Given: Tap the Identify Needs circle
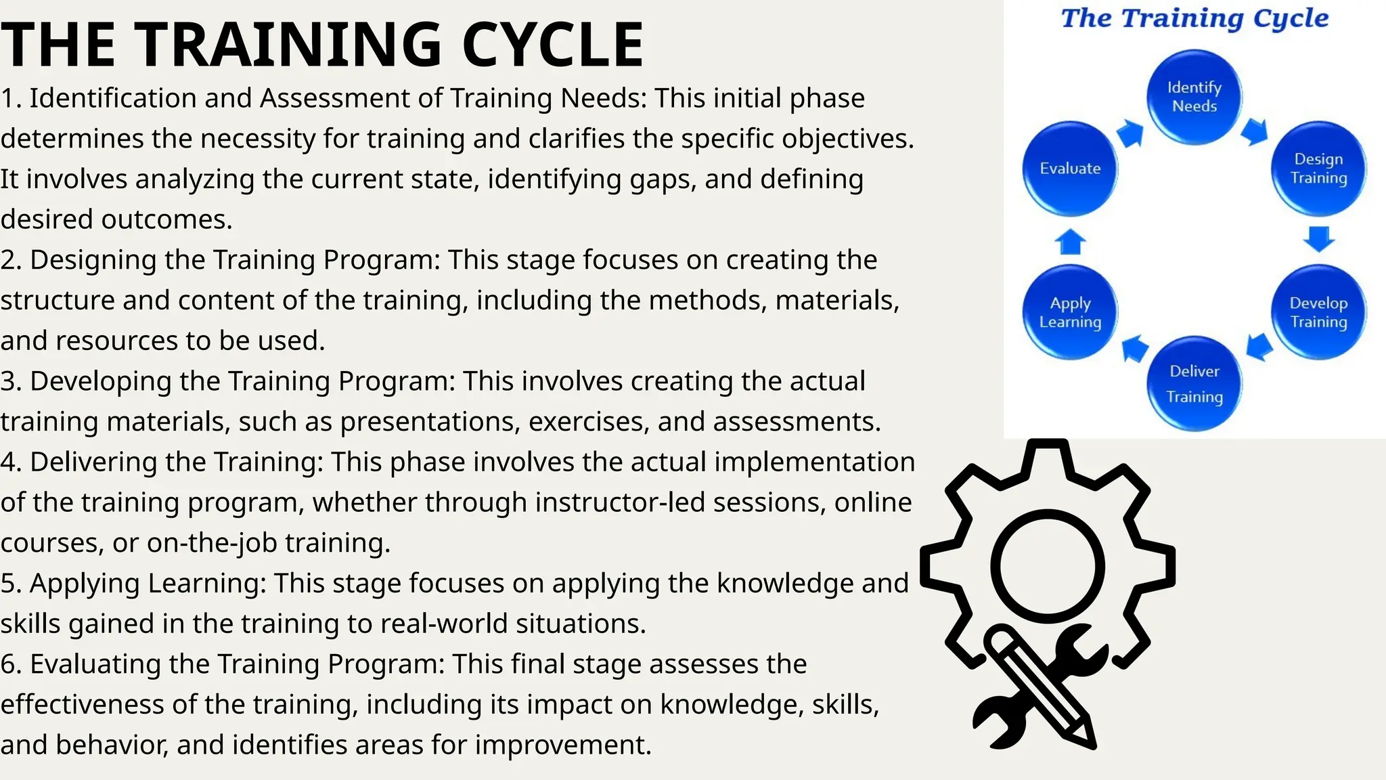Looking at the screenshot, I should [x=1194, y=97].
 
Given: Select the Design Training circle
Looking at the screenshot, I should [x=1318, y=169].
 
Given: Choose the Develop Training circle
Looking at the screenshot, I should [x=1318, y=312].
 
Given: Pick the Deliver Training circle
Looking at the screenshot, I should [x=1194, y=384].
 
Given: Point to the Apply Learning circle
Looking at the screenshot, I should [x=1070, y=312].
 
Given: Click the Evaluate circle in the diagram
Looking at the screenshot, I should [x=1070, y=169].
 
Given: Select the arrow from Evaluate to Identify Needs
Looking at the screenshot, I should [x=1130, y=133].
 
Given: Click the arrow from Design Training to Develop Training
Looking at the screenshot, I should [x=1319, y=239].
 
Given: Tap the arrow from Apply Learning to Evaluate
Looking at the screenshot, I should [x=1070, y=241].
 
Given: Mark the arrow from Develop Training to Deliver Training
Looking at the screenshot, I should [x=1258, y=347].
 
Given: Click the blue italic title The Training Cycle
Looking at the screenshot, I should [x=1194, y=18].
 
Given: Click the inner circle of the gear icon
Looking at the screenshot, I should [x=1047, y=566].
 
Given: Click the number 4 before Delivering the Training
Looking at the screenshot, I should [x=8, y=462].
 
